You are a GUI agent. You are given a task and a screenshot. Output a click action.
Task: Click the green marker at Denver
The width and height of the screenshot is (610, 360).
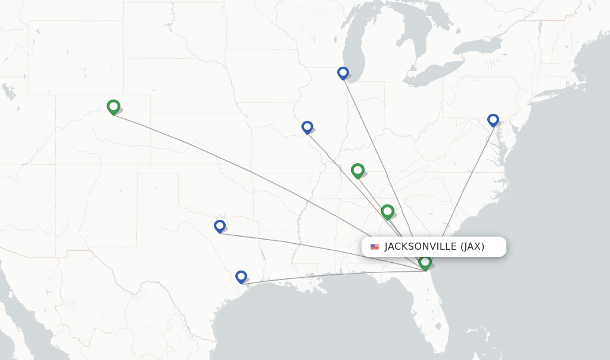coord(113,107)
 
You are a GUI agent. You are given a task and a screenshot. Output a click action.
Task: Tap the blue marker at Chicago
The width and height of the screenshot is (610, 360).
coord(343,73)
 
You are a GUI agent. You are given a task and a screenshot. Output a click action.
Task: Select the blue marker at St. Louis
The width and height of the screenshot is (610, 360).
coord(307,127)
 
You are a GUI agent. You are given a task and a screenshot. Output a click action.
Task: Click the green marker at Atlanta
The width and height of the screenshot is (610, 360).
coord(387,211)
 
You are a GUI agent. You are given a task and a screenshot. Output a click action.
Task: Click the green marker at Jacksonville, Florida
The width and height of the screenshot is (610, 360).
coord(425,262)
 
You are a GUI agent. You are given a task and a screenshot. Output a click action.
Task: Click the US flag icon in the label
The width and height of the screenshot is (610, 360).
coord(375,247)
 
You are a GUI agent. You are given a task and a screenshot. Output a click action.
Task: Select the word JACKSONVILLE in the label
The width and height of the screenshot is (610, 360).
coord(421,247)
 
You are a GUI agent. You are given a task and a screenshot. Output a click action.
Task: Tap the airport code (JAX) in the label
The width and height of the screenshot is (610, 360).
coord(472,247)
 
